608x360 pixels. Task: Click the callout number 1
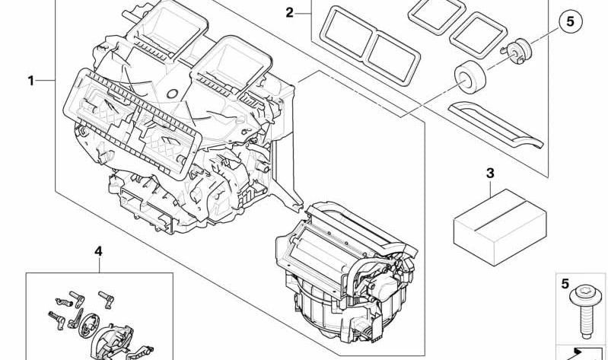pyautogui.click(x=31, y=80)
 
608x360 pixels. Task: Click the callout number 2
pyautogui.click(x=289, y=12)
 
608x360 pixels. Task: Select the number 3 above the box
pyautogui.click(x=490, y=174)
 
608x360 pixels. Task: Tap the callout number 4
pyautogui.click(x=98, y=250)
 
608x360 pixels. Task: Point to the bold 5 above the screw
pyautogui.click(x=565, y=285)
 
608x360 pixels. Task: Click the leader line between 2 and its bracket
pyautogui.click(x=304, y=13)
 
